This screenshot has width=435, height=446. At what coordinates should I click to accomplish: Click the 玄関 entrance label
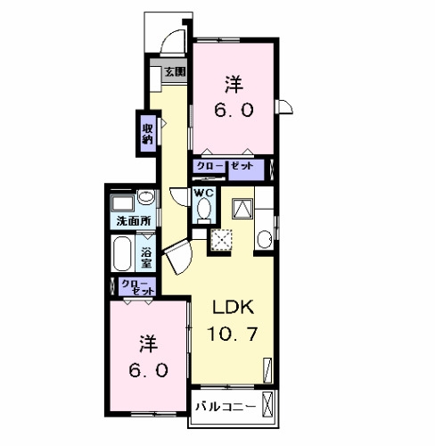176,71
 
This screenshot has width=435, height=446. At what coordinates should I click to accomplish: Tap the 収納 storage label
148,134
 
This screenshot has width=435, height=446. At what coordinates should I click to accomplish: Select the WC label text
203,193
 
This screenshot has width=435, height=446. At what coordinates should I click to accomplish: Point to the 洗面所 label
134,221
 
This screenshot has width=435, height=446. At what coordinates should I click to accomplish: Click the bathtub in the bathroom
122,253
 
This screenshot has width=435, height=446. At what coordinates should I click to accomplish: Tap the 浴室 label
146,258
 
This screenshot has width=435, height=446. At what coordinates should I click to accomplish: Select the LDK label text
233,307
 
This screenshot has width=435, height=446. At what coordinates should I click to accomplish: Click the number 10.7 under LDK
232,334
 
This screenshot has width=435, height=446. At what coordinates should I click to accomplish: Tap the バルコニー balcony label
226,407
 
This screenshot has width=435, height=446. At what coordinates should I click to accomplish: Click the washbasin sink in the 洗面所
146,197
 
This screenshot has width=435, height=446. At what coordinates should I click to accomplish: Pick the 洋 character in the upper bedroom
234,85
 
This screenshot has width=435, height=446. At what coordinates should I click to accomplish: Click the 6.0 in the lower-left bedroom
149,371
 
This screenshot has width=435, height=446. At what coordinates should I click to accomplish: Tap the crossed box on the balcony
267,404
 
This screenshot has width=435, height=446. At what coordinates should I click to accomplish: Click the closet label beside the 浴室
138,287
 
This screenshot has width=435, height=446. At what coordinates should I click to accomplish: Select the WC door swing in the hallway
179,197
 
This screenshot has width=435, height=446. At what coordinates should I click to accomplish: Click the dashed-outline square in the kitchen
221,240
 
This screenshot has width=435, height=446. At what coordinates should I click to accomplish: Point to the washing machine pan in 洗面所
122,203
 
